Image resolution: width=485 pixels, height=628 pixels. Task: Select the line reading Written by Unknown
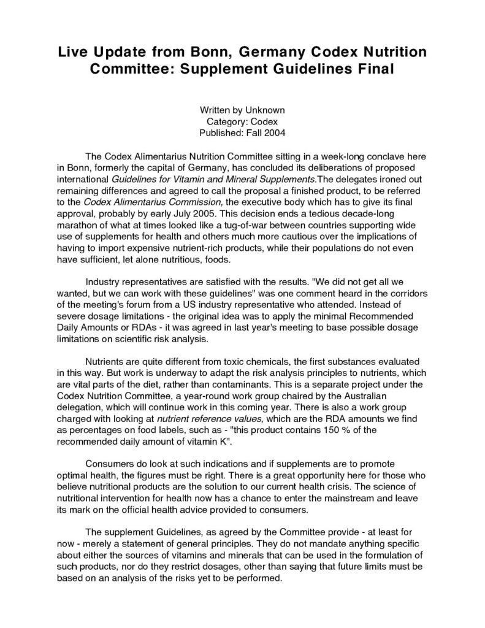(242, 110)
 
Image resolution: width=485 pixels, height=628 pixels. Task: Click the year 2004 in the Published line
(274, 132)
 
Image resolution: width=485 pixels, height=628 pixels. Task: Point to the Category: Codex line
(242, 121)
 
